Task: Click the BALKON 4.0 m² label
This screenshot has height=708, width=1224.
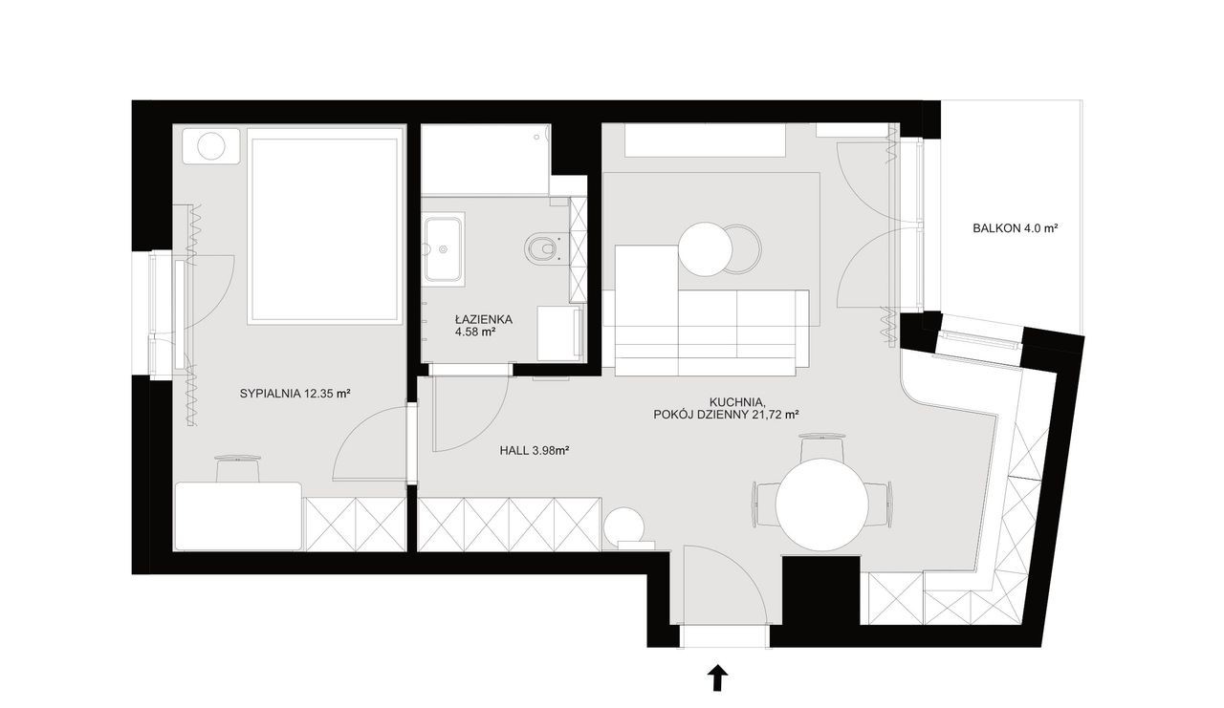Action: (x=1015, y=228)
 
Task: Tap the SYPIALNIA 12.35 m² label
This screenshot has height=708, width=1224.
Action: (x=295, y=393)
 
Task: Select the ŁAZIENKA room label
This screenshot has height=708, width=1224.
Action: (x=484, y=319)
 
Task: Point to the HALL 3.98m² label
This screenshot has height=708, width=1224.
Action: (x=535, y=451)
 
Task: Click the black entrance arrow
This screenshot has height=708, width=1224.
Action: (x=718, y=678)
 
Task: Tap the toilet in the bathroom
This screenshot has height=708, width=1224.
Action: (x=542, y=249)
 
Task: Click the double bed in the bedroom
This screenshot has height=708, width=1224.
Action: (x=326, y=226)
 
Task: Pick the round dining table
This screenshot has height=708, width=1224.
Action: (x=821, y=504)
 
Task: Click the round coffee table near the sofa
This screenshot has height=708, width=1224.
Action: (x=706, y=249)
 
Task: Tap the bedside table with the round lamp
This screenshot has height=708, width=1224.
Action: (x=211, y=146)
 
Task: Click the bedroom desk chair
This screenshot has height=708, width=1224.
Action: (x=238, y=468)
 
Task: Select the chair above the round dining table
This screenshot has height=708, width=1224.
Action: (x=821, y=447)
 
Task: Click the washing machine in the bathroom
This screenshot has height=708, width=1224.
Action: (x=559, y=333)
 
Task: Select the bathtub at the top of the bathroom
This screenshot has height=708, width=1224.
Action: (x=485, y=160)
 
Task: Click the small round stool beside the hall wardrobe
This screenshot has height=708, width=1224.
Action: (x=624, y=526)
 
